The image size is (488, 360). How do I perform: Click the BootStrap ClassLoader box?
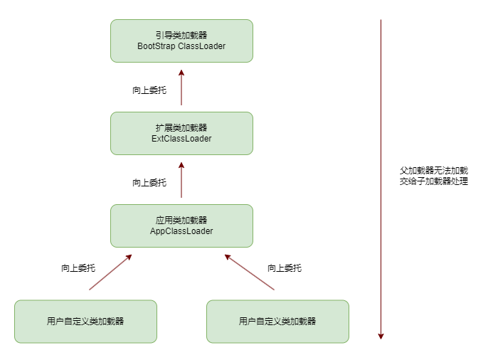tap(181, 41)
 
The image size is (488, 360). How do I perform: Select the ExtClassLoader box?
tap(181, 133)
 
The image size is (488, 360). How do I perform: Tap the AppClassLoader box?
tap(181, 226)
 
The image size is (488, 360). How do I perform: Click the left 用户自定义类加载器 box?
tap(85, 322)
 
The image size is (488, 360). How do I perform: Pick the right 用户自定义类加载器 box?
tap(277, 322)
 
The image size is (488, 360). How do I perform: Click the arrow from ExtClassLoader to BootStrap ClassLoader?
tap(181, 89)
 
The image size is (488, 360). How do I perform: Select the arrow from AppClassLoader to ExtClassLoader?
tap(181, 181)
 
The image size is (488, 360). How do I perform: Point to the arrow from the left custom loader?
tap(110, 272)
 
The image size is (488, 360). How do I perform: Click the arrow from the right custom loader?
tap(250, 272)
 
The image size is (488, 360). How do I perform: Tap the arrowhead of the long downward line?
tap(381, 335)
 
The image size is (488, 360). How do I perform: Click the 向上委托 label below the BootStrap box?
tap(149, 90)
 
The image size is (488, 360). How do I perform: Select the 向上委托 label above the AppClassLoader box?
tap(149, 183)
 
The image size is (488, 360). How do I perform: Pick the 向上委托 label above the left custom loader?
tap(78, 268)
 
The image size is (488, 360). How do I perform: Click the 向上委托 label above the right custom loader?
tap(285, 268)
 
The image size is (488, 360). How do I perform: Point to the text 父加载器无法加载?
tap(434, 171)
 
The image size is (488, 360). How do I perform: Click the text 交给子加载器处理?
tap(434, 181)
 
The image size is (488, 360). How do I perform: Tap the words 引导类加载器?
tap(181, 35)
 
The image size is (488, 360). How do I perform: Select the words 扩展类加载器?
tap(181, 127)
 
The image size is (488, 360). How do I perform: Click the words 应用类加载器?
tap(181, 220)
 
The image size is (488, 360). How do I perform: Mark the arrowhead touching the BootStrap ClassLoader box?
tap(181, 73)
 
